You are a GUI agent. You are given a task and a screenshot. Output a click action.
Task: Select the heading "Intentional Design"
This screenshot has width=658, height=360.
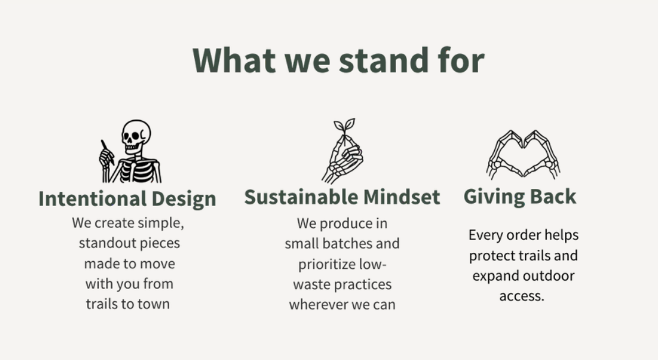pos(127,199)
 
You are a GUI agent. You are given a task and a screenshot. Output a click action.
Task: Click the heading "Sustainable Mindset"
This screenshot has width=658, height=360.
pos(342,197)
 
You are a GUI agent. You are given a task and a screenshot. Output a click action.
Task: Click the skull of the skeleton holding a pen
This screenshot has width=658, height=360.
pos(136,135)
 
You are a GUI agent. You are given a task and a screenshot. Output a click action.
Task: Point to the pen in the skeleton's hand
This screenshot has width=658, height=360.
pos(108,152)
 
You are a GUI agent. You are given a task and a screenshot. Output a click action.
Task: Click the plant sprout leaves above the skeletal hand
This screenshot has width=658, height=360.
pos(344,127)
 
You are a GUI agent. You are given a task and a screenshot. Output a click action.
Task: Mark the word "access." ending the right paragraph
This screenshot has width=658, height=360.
pos(522,296)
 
